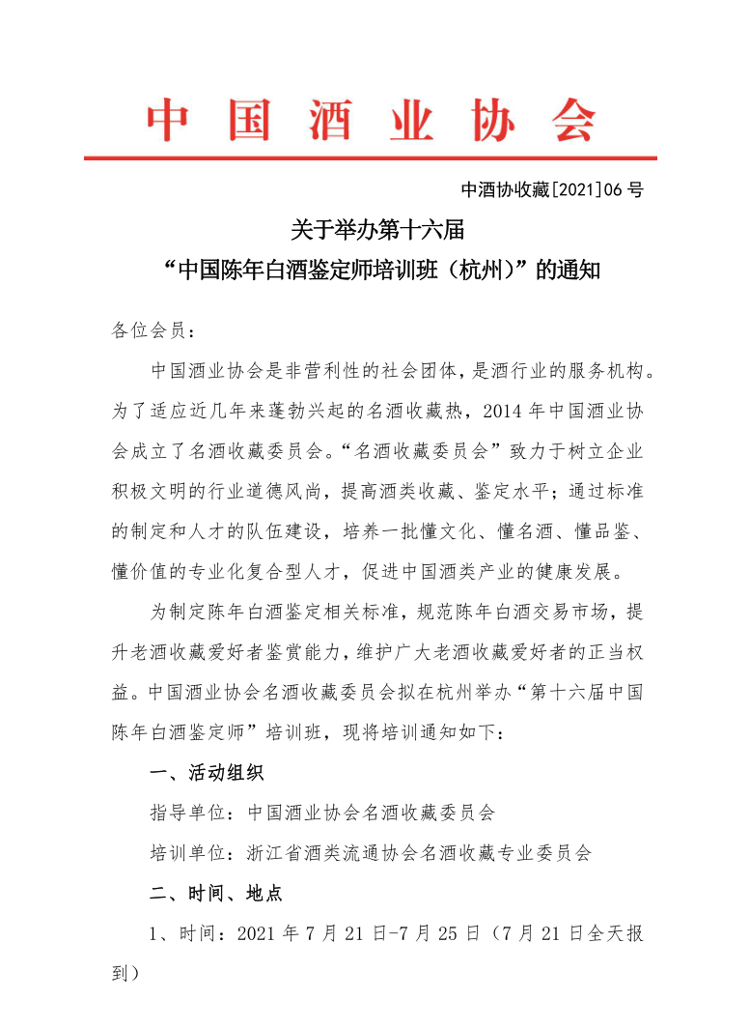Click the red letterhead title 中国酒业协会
[x=372, y=120]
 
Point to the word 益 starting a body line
[x=123, y=692]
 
